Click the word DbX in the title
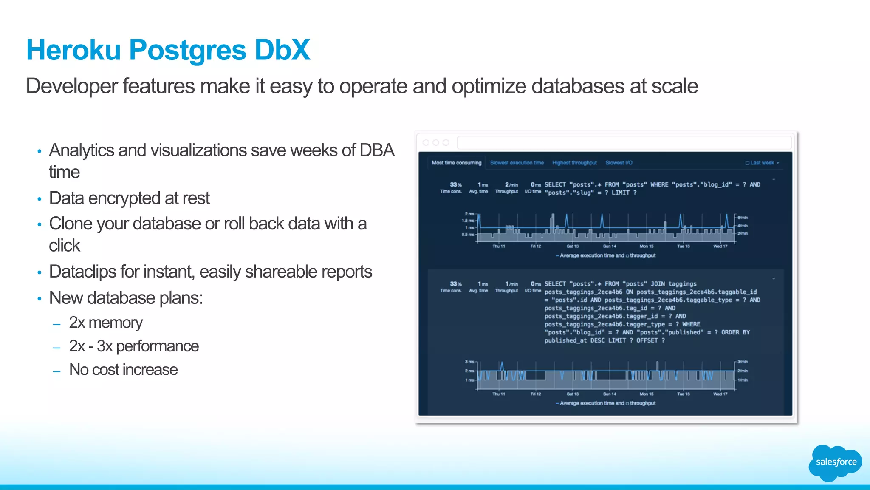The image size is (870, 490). [x=282, y=50]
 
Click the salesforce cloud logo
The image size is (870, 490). [x=835, y=462]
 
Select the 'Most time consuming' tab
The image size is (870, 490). [x=456, y=163]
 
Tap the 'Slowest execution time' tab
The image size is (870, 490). [x=517, y=163]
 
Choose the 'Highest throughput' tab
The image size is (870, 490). [x=574, y=163]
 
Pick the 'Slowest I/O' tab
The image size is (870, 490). [x=619, y=163]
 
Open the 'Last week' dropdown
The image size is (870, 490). [x=762, y=163]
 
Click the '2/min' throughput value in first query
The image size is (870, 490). [x=511, y=185]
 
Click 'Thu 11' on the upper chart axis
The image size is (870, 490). [x=498, y=246]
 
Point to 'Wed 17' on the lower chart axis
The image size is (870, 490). [x=720, y=394]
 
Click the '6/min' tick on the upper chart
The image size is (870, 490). [x=743, y=218]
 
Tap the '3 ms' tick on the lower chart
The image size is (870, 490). [x=469, y=362]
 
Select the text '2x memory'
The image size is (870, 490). [x=106, y=323]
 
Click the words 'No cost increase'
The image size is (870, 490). [x=123, y=370]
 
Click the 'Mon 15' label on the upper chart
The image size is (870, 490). [x=646, y=246]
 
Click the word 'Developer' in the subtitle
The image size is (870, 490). [x=71, y=86]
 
